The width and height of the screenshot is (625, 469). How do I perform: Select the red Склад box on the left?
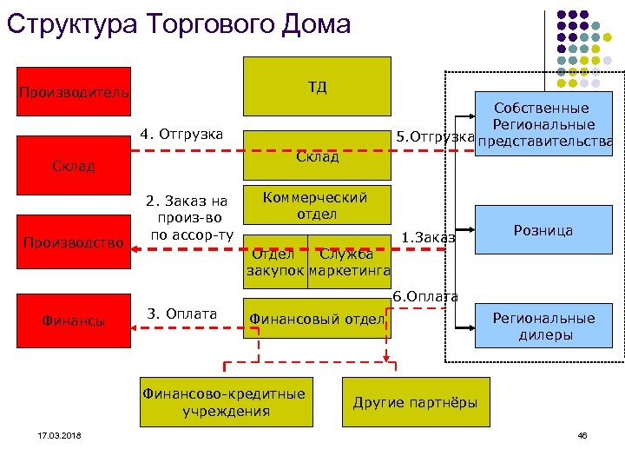click(74, 166)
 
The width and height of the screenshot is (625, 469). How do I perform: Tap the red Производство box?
click(74, 242)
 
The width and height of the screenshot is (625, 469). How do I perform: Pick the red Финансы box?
click(74, 320)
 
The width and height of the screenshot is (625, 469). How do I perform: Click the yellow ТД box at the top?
click(317, 87)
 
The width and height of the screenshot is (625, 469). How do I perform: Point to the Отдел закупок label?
click(273, 262)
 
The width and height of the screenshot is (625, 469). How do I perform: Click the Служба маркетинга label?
click(345, 262)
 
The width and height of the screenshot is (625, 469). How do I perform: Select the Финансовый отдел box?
click(316, 320)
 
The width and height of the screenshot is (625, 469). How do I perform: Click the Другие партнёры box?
click(415, 402)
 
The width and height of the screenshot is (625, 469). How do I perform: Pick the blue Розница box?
click(543, 231)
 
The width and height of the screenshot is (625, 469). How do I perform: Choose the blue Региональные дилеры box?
click(543, 326)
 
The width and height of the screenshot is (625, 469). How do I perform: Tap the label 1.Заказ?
click(429, 238)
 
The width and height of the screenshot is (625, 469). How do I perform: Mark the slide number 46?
click(582, 435)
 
